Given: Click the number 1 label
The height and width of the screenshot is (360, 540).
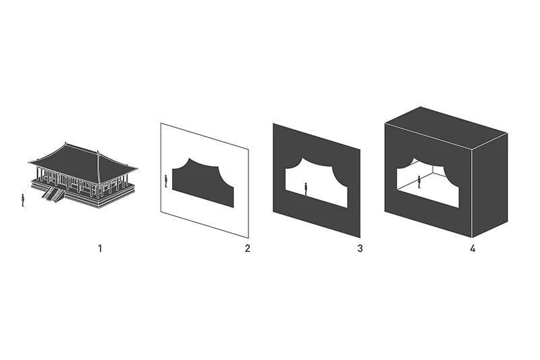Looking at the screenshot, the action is pyautogui.click(x=100, y=248).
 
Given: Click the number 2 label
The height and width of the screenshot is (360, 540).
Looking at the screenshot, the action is pyautogui.click(x=247, y=248).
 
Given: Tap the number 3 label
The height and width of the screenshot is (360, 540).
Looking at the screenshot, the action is pyautogui.click(x=360, y=248).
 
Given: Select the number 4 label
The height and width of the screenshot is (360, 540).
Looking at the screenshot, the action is pyautogui.click(x=473, y=248).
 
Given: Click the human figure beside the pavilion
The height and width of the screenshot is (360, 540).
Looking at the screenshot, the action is pyautogui.click(x=23, y=200).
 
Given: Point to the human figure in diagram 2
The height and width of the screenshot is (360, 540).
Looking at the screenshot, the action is pyautogui.click(x=165, y=181).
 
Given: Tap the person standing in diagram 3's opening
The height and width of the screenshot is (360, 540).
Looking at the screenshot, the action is pyautogui.click(x=306, y=189).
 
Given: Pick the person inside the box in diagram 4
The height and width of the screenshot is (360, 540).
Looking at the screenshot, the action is pyautogui.click(x=418, y=182).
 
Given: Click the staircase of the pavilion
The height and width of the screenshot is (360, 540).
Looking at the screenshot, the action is pyautogui.click(x=53, y=194).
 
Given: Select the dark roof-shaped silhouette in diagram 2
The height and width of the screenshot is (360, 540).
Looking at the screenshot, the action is pyautogui.click(x=203, y=182).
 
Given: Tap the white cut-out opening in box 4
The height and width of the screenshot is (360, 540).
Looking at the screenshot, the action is pyautogui.click(x=428, y=182).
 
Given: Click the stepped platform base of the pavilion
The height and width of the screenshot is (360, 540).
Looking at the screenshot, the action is pyautogui.click(x=82, y=193).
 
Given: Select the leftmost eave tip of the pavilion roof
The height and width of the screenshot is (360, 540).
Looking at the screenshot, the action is pyautogui.click(x=29, y=161).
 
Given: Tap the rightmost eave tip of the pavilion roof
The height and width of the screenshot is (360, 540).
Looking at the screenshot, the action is pyautogui.click(x=137, y=168).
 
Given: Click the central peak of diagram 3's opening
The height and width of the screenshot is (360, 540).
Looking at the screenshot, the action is pyautogui.click(x=302, y=159).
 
